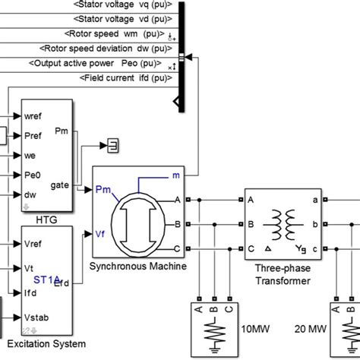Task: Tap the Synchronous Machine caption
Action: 137,267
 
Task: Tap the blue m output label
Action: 175,176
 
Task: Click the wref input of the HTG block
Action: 35,116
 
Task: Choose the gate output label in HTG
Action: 60,185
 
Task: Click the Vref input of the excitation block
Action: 36,245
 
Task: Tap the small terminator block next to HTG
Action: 111,144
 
